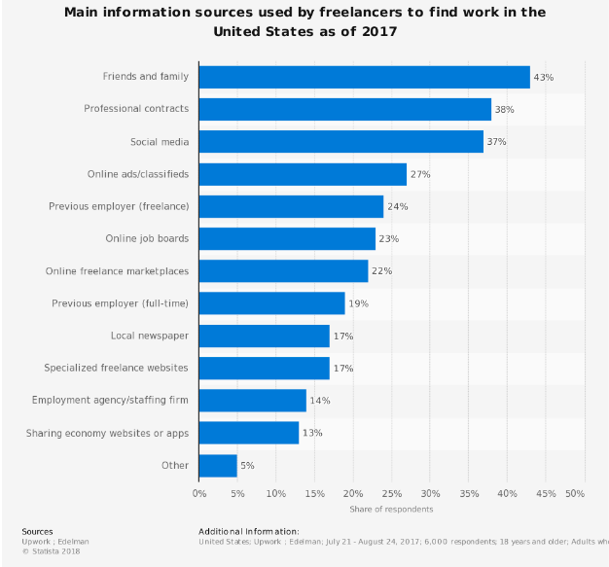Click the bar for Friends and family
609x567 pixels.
[x=364, y=77]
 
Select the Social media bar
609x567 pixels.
[x=340, y=142]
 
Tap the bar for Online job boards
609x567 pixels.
[x=287, y=238]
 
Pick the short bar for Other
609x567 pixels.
[x=218, y=465]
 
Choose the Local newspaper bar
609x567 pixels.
[x=264, y=336]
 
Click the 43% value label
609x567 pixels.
[x=543, y=77]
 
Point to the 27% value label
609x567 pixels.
[x=419, y=174]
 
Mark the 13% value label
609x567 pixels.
[x=311, y=433]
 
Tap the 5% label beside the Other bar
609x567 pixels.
[x=247, y=466]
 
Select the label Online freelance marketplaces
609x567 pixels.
[x=117, y=271]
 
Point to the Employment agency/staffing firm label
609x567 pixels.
[x=111, y=401]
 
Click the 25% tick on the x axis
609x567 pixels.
[x=391, y=493]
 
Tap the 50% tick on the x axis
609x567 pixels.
[x=575, y=493]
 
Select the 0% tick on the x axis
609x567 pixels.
[x=199, y=493]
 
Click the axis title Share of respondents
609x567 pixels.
[x=391, y=509]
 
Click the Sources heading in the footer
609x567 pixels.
[x=37, y=531]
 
